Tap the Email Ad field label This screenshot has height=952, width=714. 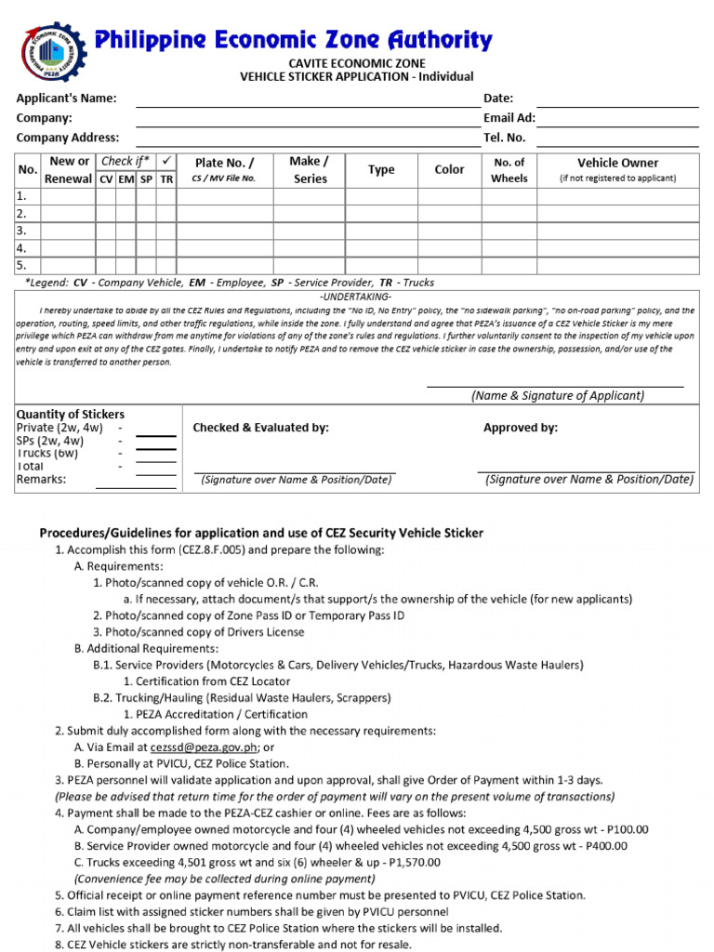(509, 118)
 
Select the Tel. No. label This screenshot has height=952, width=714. (504, 138)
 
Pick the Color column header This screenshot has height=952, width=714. (449, 169)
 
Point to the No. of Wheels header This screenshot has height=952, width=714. (509, 169)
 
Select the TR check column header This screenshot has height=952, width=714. (165, 178)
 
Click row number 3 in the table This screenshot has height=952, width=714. (21, 231)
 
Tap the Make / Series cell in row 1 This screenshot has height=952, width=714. (310, 196)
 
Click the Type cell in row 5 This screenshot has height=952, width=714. (381, 265)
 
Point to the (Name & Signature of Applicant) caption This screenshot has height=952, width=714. (557, 395)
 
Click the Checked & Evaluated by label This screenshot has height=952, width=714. (260, 428)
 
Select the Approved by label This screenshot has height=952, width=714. (521, 428)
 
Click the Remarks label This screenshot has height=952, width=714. (42, 480)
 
